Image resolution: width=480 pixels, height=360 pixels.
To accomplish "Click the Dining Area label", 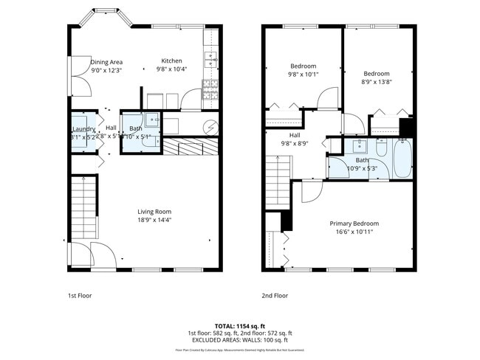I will [106, 62].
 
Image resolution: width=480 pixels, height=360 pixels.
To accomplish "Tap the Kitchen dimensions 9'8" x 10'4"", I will [172, 69].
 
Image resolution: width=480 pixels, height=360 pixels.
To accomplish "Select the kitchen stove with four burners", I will [210, 91].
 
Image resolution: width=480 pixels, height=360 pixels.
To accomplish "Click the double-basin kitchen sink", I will [211, 60].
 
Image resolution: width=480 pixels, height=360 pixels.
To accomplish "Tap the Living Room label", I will [154, 212].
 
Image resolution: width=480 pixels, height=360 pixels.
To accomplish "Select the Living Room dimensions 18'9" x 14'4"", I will [154, 220].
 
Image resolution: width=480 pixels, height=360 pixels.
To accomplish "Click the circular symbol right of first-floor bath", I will [212, 126].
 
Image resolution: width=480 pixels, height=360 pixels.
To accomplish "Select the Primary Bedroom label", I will [354, 224].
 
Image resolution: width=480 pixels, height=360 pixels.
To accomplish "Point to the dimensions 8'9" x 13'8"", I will [376, 82].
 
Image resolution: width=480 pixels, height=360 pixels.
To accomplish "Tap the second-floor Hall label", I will [295, 135].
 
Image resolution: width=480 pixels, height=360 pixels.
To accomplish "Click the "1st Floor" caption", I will [80, 295].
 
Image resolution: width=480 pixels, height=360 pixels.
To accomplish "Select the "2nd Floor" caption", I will [274, 295].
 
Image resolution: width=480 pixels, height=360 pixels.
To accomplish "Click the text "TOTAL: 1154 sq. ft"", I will [240, 325].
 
